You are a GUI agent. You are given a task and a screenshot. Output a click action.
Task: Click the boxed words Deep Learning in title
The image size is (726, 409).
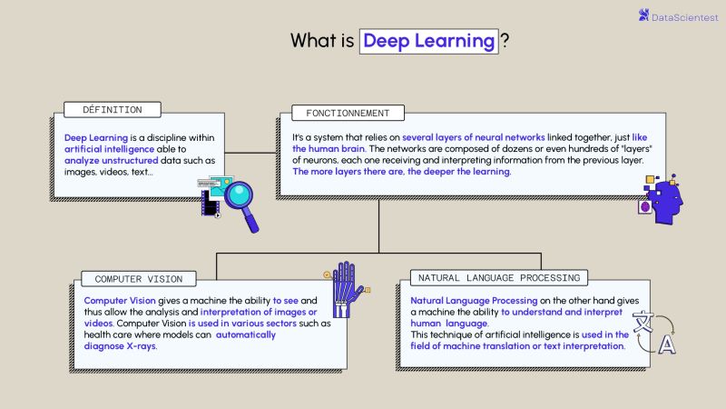429,41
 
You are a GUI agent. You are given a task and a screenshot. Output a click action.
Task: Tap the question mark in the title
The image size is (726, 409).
505,41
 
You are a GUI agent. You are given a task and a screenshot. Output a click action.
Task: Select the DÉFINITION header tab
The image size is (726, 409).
113,110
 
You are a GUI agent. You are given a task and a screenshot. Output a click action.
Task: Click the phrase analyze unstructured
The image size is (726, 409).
104,160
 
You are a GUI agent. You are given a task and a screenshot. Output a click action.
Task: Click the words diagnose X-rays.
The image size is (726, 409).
120,346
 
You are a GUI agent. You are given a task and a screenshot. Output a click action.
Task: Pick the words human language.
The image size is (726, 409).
449,323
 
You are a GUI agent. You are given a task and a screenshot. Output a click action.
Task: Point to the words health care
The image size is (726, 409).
107,334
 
